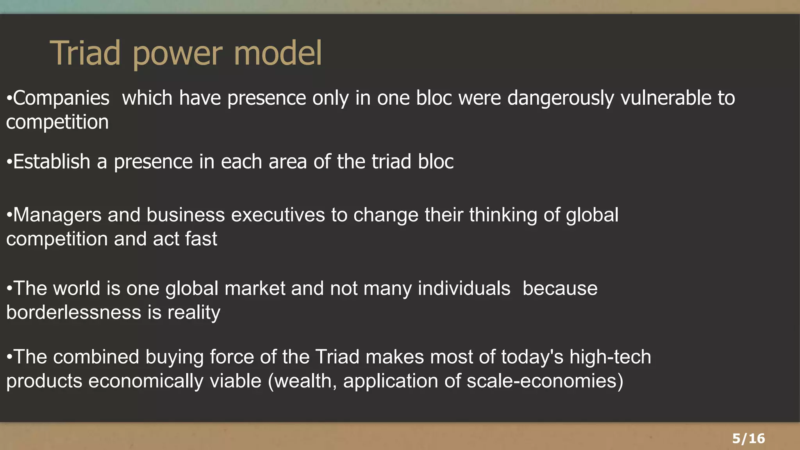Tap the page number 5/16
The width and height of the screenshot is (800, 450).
(748, 438)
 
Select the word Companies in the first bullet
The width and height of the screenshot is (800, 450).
(61, 98)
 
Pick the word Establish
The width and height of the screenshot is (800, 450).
(52, 162)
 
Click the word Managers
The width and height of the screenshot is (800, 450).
(57, 215)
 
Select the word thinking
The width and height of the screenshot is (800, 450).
(503, 215)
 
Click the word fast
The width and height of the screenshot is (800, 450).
(201, 239)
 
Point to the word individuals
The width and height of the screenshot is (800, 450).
(464, 289)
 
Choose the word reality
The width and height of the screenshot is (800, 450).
(194, 312)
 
